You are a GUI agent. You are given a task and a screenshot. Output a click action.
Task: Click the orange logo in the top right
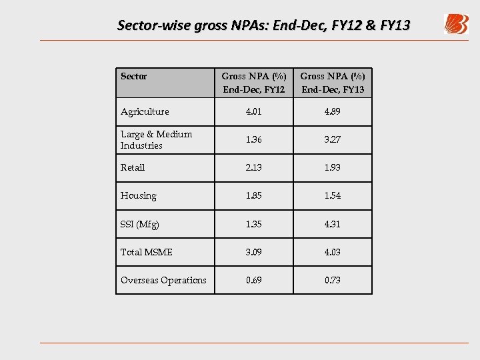[x=456, y=25]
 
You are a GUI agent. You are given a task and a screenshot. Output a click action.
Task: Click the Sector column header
[x=133, y=77]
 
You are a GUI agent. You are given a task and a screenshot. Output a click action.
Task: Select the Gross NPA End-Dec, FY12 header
[x=253, y=83]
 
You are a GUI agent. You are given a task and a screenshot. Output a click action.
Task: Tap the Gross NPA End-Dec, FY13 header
[x=333, y=83]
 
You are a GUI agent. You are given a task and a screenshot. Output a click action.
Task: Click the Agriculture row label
[x=145, y=111]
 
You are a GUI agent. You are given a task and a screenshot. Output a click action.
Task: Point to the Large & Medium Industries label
[x=156, y=139]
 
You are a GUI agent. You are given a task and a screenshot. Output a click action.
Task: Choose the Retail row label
[x=133, y=167]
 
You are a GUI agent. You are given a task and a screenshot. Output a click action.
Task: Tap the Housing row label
[x=139, y=196]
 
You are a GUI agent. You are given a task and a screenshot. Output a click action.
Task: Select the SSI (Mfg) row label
[x=140, y=224]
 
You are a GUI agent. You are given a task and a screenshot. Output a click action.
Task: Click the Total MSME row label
[x=147, y=252]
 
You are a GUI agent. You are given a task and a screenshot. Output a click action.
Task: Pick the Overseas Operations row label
[x=163, y=280]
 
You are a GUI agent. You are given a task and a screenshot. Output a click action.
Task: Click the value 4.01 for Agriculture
[x=253, y=111]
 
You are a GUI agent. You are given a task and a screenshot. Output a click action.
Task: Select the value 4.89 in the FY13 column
[x=333, y=111]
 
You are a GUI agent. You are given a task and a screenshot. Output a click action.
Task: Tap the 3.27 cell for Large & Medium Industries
[x=333, y=139]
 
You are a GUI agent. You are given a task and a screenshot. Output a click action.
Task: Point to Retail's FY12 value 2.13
[x=253, y=167]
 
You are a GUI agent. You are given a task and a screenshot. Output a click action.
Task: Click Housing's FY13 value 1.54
[x=333, y=196]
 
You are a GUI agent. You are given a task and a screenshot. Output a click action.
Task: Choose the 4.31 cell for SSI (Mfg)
[x=333, y=224]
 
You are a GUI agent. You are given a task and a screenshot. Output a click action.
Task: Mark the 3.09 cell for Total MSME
[x=253, y=252]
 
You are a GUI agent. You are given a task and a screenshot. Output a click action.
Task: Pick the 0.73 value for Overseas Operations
[x=333, y=280]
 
